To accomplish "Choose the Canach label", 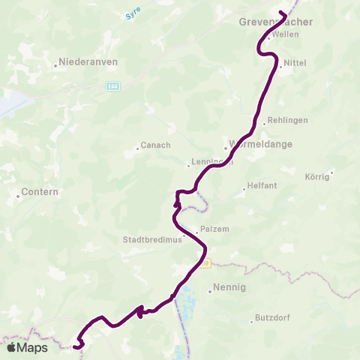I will pyautogui.click(x=156, y=145).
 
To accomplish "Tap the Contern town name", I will pyautogui.click(x=39, y=192).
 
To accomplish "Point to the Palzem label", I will pyautogui.click(x=211, y=232).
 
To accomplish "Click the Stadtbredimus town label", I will pyautogui.click(x=152, y=241).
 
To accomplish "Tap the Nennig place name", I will pyautogui.click(x=230, y=287).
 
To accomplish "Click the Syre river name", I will pyautogui.click(x=133, y=14).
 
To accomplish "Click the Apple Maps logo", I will pyautogui.click(x=27, y=347).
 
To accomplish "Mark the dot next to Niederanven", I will pyautogui.click(x=56, y=64).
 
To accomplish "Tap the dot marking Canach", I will pyautogui.click(x=137, y=148).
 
